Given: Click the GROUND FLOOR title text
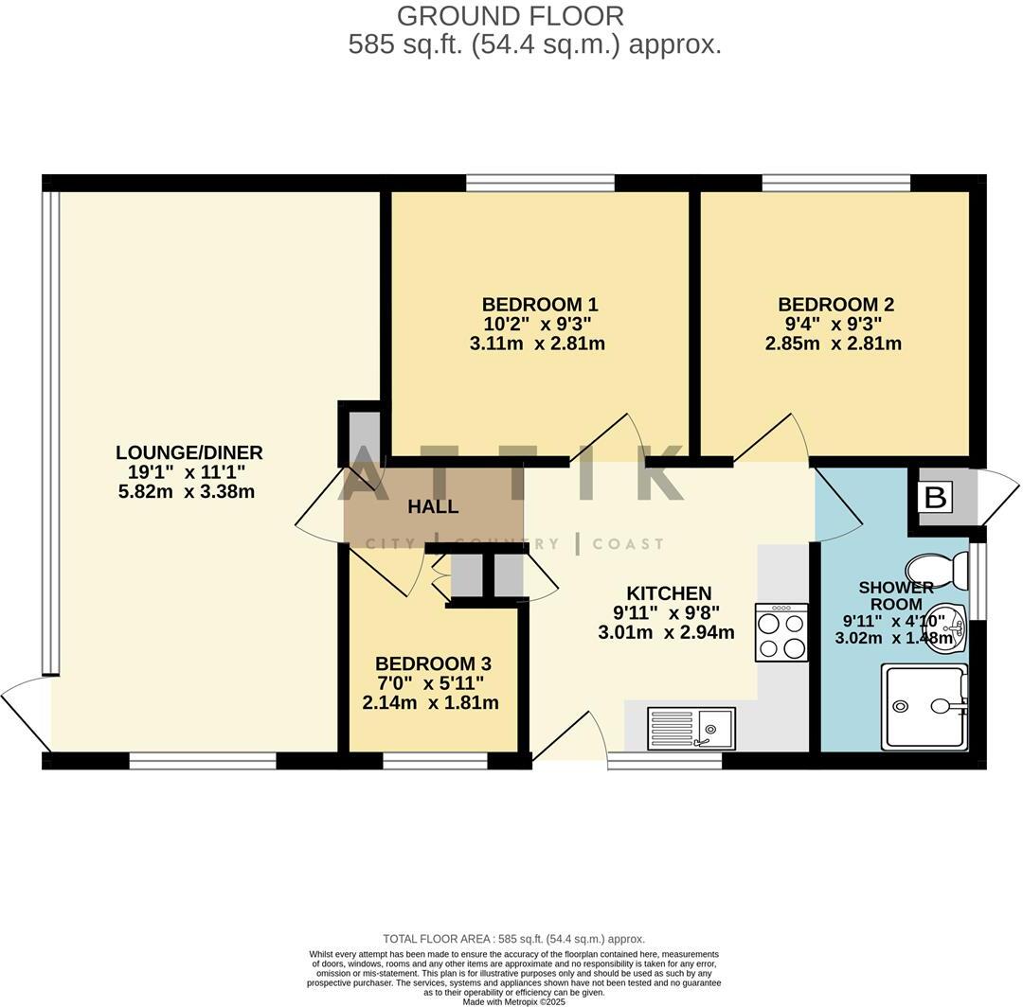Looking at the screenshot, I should [510, 16].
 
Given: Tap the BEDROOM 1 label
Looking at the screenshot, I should [539, 305].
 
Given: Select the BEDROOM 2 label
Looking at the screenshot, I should [835, 305].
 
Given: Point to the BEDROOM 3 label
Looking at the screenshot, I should [433, 663].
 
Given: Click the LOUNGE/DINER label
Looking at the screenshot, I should [189, 452].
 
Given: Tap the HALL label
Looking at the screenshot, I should [433, 506].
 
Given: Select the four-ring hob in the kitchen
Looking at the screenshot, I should [781, 632].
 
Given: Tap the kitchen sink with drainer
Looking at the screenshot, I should [691, 728].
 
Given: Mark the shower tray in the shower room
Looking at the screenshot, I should [924, 706].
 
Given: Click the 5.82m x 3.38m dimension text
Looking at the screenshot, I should [186, 492].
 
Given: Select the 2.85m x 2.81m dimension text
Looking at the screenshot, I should [834, 344].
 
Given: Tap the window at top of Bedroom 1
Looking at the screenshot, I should [540, 183].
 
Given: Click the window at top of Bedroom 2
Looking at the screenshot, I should [835, 183].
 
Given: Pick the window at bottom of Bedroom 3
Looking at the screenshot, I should [435, 760].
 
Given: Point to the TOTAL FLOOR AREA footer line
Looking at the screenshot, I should [513, 939].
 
